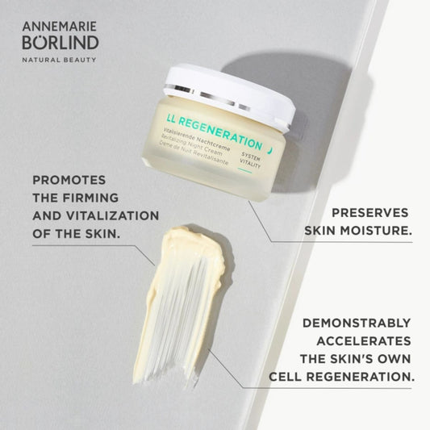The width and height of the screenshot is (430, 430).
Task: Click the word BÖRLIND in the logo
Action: [61, 42]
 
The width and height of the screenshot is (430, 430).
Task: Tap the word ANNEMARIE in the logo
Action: [60, 27]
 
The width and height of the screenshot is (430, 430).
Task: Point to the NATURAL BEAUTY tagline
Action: [59, 60]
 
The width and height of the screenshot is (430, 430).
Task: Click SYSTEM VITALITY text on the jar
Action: [250, 160]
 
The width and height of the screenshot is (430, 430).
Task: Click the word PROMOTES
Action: [69, 180]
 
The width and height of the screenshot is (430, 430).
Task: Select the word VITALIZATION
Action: [113, 216]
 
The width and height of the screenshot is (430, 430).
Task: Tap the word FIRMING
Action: [91, 198]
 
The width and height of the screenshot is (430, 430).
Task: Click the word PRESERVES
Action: [370, 213]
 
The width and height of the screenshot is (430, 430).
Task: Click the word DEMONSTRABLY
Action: [357, 323]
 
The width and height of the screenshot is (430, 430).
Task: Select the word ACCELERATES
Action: [364, 341]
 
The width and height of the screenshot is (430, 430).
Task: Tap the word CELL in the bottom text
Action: [286, 377]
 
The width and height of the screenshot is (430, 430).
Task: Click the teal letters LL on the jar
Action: [171, 119]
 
